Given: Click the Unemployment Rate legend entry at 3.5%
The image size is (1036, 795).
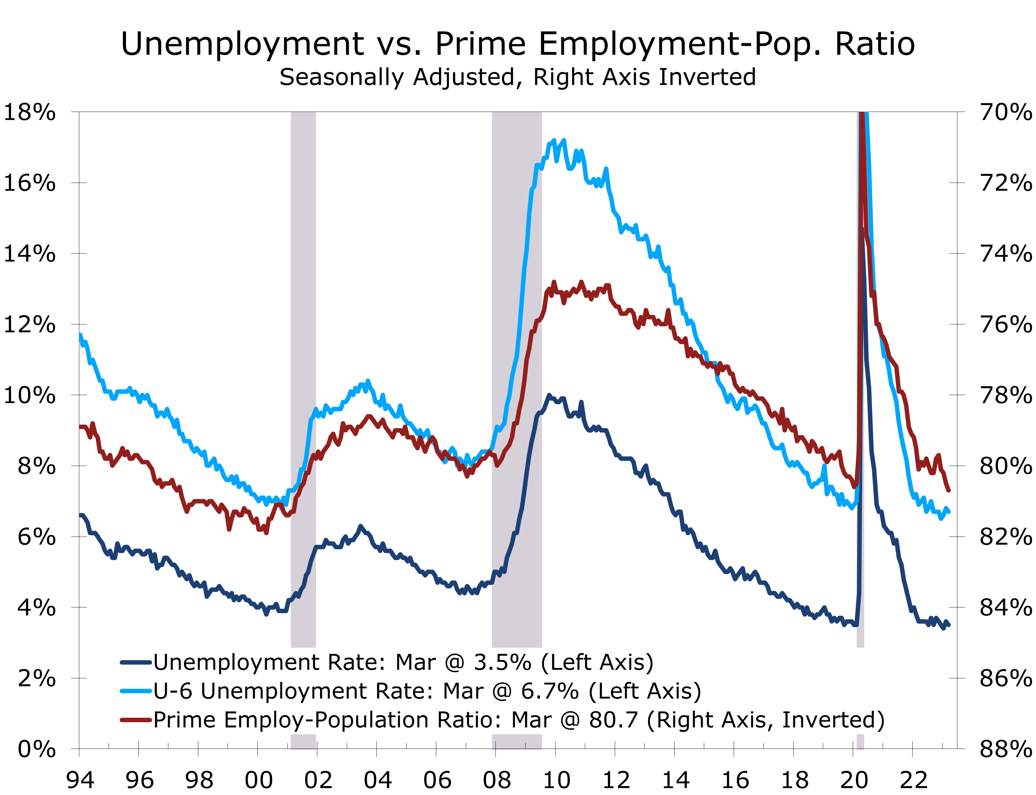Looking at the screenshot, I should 403,662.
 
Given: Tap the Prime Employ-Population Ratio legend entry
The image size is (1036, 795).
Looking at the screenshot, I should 518,720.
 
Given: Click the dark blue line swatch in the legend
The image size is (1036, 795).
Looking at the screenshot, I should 136,662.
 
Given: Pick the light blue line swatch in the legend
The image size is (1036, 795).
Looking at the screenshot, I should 136,691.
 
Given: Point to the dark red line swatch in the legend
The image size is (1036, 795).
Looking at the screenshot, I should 136,720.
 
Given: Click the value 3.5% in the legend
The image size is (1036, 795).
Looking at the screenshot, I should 502,662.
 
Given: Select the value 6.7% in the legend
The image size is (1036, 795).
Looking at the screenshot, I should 550,691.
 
